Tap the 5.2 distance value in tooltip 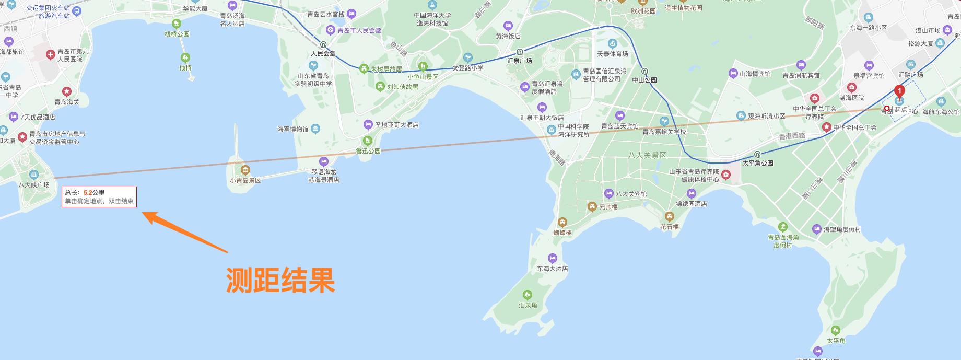click(88, 193)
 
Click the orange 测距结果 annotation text click(280, 281)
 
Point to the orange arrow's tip click(144, 212)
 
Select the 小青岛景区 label click(245, 180)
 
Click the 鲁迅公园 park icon click(368, 141)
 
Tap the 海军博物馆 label click(293, 129)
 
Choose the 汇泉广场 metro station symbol click(520, 52)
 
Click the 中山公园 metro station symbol click(644, 72)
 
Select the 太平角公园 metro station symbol click(757, 154)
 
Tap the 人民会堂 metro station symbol click(323, 45)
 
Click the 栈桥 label click(185, 68)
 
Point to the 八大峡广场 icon click(34, 175)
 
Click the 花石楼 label click(669, 227)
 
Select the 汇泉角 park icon click(528, 294)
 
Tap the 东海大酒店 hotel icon click(552, 258)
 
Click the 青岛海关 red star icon click(67, 91)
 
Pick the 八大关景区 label click(648, 155)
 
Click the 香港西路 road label click(792, 136)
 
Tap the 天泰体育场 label click(612, 54)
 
